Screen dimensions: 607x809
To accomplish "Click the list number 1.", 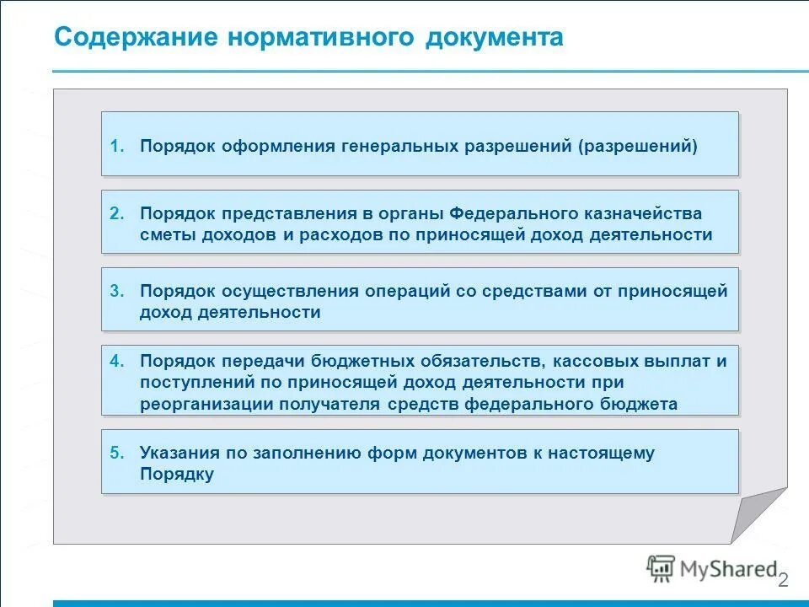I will point(116,147).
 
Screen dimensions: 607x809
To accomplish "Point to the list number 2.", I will point(116,214).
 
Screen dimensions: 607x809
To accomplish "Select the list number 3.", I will point(116,292).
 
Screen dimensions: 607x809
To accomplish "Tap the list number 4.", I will point(116,362).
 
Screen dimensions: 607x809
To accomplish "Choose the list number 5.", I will point(116,454).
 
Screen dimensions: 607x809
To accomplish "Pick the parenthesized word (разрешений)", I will point(638,147).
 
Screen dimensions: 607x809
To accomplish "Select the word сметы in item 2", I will point(169,235).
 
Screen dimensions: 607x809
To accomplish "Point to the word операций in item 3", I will point(403,292).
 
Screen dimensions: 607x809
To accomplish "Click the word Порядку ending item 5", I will point(177,475).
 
